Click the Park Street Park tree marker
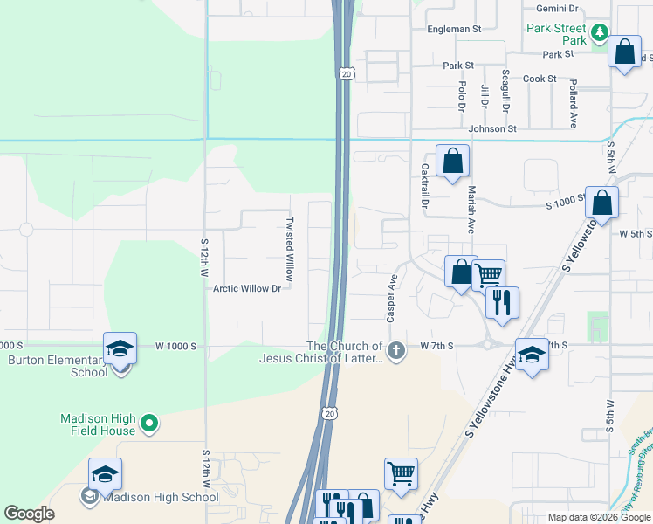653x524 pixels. pyautogui.click(x=599, y=34)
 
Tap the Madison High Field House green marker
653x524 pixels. pyautogui.click(x=149, y=424)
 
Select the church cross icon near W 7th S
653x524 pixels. pyautogui.click(x=395, y=351)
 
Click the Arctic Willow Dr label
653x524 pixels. pyautogui.click(x=247, y=288)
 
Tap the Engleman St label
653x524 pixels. pyautogui.click(x=454, y=29)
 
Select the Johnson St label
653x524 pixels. pyautogui.click(x=492, y=128)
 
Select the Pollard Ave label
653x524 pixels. pyautogui.click(x=574, y=103)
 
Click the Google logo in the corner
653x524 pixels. pyautogui.click(x=29, y=514)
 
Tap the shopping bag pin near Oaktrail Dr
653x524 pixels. pyautogui.click(x=452, y=161)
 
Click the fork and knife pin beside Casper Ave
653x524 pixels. pyautogui.click(x=502, y=302)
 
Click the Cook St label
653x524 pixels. pyautogui.click(x=540, y=79)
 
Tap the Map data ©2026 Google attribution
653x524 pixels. pyautogui.click(x=598, y=517)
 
